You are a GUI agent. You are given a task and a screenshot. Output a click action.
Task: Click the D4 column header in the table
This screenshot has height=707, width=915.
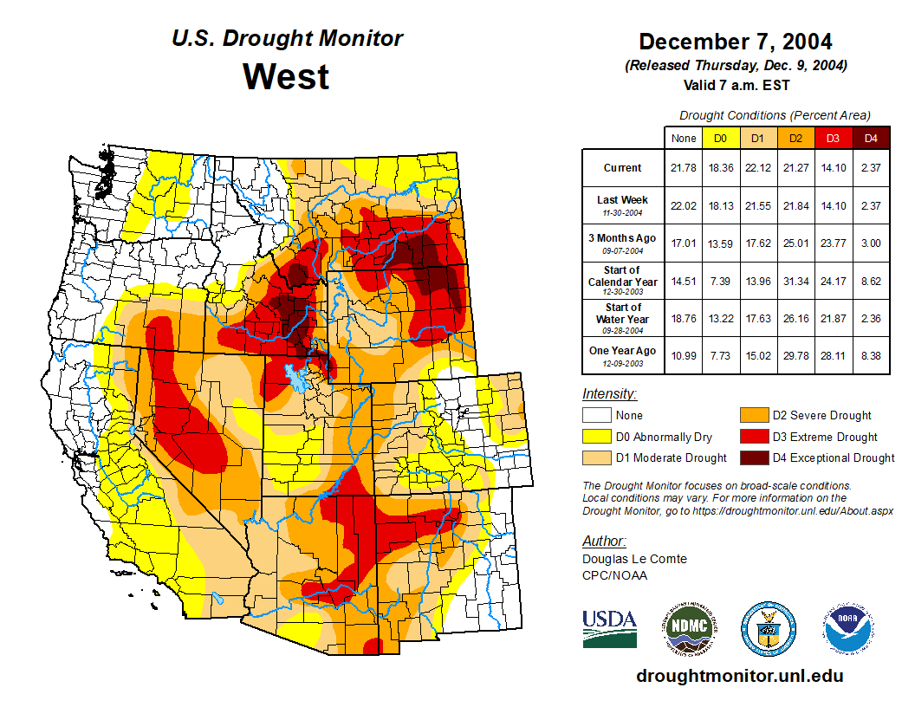871,138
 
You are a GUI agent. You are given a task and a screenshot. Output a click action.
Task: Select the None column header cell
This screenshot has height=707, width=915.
684,138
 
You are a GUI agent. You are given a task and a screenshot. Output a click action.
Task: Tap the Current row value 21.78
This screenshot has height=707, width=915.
684,168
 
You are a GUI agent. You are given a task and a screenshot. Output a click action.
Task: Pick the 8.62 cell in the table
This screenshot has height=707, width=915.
871,281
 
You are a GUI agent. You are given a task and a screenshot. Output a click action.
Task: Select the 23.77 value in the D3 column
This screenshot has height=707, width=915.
833,243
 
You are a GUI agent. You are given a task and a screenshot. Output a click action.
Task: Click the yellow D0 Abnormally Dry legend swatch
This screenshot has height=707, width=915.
596,437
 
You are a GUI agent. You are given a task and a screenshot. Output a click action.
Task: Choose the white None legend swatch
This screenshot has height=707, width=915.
596,416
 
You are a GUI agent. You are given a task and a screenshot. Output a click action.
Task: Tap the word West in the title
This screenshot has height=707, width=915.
286,76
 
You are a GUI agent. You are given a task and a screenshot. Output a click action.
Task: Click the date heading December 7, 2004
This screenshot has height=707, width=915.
736,42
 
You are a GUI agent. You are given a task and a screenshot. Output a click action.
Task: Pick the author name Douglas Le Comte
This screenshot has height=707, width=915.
634,559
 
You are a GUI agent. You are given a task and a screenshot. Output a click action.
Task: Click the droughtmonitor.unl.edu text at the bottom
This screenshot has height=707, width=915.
739,676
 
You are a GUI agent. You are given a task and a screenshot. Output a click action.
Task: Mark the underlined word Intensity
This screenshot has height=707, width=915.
609,394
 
